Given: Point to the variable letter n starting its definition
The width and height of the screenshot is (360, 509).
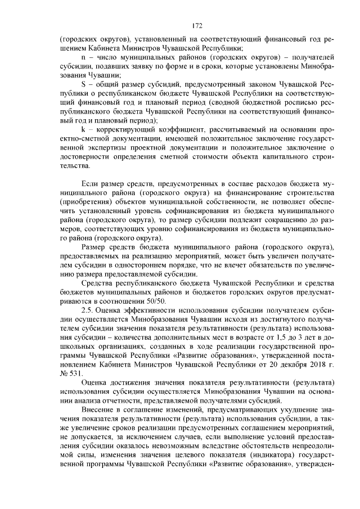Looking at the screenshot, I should (83, 57).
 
